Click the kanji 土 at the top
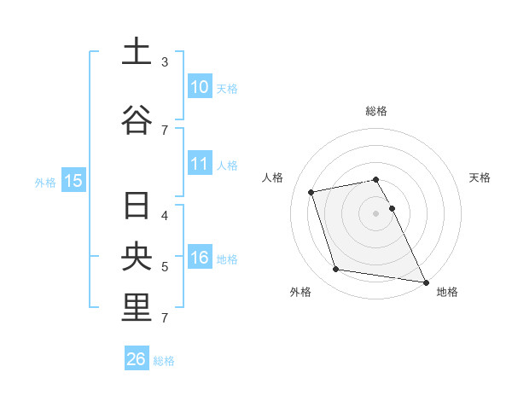(x=137, y=51)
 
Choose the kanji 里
(x=137, y=309)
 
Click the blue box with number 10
(x=199, y=87)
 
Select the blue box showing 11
(x=199, y=164)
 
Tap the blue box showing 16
(x=199, y=258)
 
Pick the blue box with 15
(x=73, y=180)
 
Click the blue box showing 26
(x=137, y=359)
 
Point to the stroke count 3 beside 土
(x=165, y=62)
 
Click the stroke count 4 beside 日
(x=165, y=216)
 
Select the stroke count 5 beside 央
(x=165, y=267)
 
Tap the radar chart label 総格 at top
(x=376, y=111)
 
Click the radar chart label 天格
(x=480, y=177)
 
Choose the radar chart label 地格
(x=447, y=292)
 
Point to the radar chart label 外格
(x=300, y=292)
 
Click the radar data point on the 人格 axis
(x=311, y=192)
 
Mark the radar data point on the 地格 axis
(x=424, y=281)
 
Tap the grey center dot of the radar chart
(x=376, y=213)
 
